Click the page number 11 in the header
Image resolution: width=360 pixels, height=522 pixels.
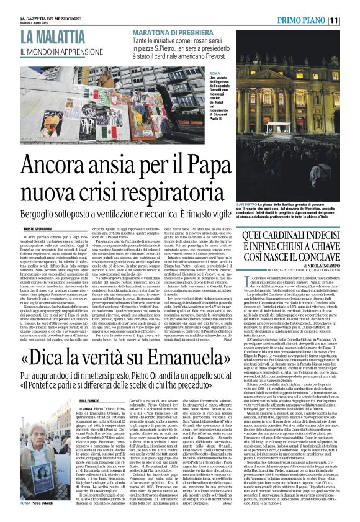click(x=350, y=20)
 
